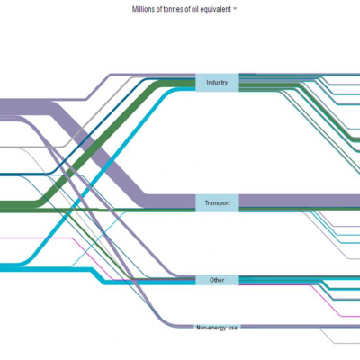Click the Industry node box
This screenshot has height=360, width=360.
217,83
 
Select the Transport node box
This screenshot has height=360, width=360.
217,203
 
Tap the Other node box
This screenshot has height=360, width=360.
217,280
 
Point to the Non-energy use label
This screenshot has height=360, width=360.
217,328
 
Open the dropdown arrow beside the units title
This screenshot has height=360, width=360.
235,9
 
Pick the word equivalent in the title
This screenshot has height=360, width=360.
216,9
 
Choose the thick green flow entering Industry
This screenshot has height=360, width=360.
97,144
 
